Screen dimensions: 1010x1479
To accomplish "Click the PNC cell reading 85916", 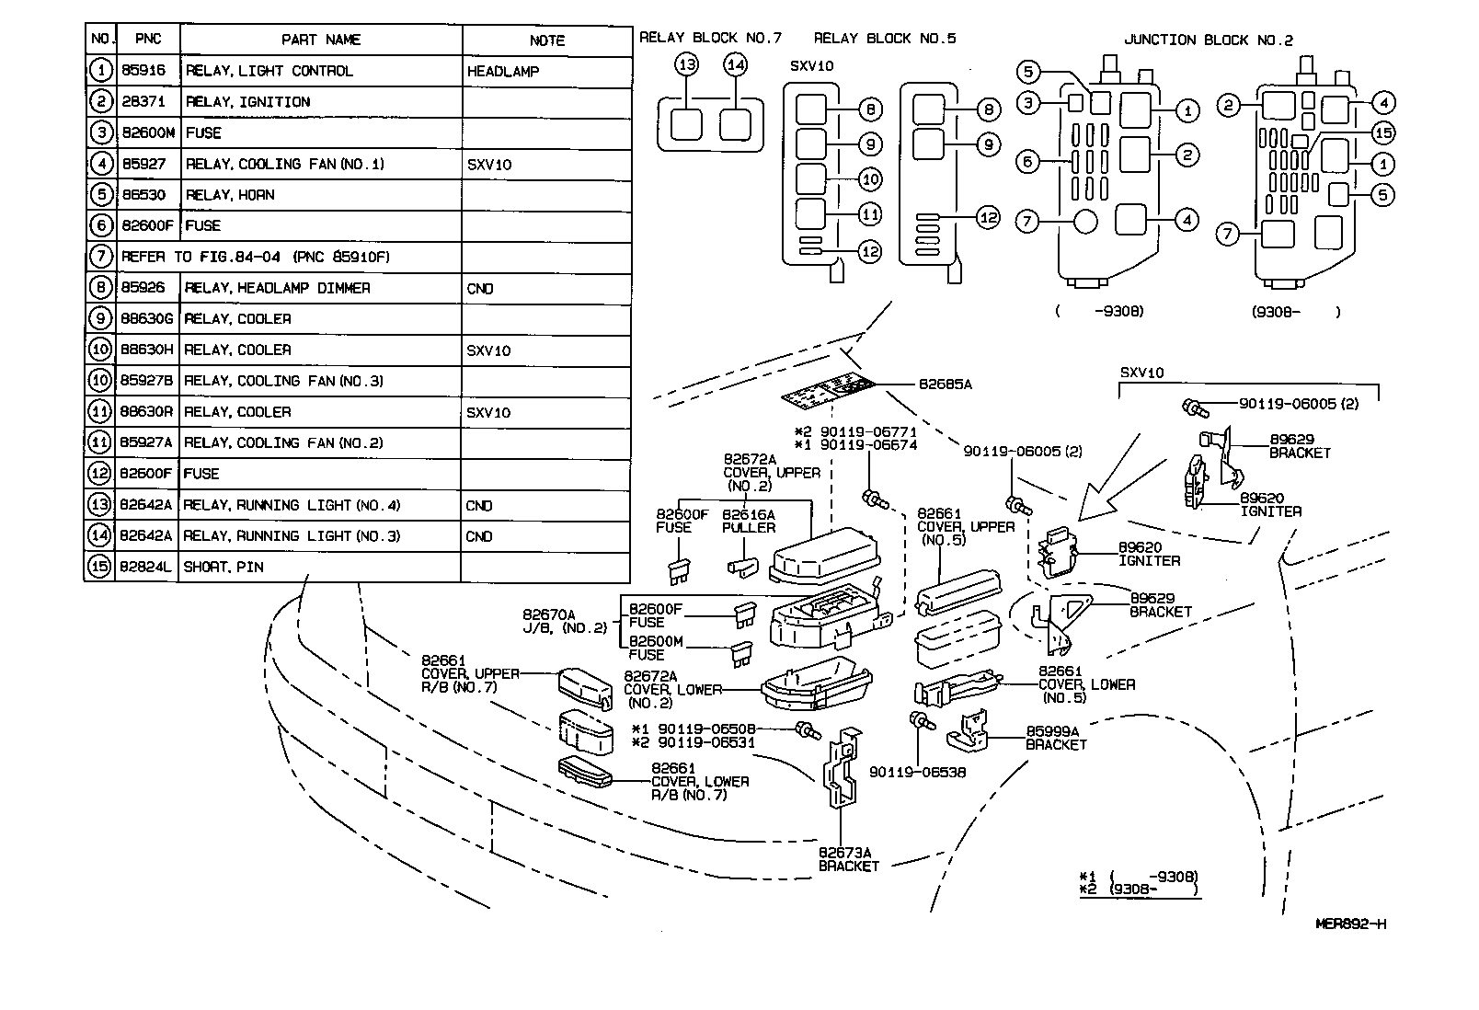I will tap(143, 71).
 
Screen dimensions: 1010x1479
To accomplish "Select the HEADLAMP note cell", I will tap(503, 72).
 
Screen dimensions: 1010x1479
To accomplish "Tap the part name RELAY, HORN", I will tap(230, 195).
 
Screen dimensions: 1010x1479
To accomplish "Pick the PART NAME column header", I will tap(321, 40).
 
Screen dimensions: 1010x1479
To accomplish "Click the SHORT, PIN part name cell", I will tap(224, 567).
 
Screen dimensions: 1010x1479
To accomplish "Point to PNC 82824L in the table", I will tap(146, 567).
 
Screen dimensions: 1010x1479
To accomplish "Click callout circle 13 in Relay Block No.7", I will tap(686, 64).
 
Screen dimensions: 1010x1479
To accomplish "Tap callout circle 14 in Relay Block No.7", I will tap(735, 64).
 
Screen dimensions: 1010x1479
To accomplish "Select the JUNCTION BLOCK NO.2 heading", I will tap(1208, 40).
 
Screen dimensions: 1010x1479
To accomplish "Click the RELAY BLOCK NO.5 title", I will tap(885, 39).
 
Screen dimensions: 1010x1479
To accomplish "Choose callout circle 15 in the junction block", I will tap(1382, 133).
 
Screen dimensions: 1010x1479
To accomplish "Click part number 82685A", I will tap(945, 384).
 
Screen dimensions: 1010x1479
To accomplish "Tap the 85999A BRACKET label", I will tap(1056, 738).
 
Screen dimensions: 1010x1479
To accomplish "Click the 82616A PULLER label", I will tap(748, 522).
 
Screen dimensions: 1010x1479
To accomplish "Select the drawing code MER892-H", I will tap(1350, 924).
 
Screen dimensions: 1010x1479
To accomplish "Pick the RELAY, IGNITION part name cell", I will tap(248, 102).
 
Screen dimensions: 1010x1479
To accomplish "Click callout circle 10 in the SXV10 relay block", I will tap(869, 178).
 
